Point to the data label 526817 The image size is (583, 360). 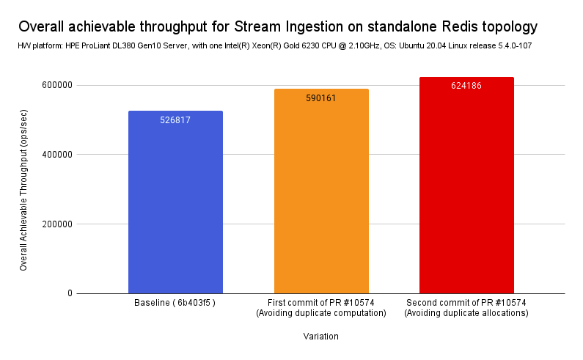click(x=175, y=120)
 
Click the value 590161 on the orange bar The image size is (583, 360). click(x=321, y=98)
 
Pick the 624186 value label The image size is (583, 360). click(x=466, y=86)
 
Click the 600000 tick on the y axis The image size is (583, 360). click(x=56, y=85)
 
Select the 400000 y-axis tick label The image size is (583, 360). click(x=56, y=155)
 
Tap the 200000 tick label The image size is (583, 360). click(x=56, y=224)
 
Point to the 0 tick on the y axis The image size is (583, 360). click(x=70, y=293)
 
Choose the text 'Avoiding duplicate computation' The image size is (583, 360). click(x=321, y=314)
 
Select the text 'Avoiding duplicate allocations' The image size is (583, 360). click(x=466, y=314)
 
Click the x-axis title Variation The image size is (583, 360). click(x=321, y=337)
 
